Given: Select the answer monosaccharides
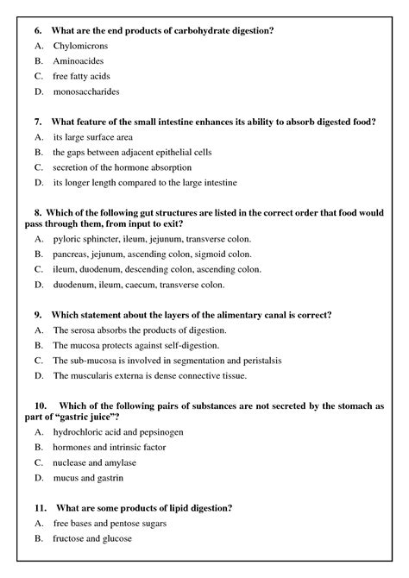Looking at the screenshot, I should tap(86, 91).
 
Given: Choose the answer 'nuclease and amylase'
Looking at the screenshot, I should tap(98, 462).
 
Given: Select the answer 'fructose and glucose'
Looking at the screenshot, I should tap(92, 538).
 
